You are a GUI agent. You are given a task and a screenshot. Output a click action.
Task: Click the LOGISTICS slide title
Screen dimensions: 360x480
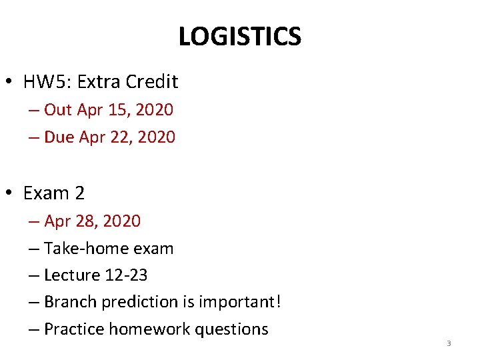(x=239, y=37)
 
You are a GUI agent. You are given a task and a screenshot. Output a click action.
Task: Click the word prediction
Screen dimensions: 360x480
(x=139, y=303)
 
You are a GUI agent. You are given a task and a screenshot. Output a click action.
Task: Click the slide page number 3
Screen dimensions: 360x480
(x=449, y=343)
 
